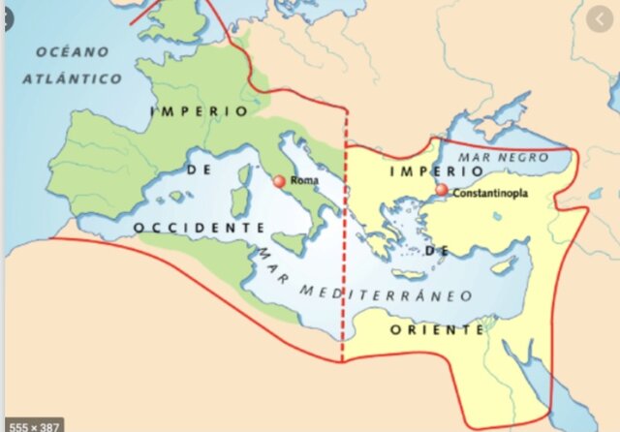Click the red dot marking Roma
280,181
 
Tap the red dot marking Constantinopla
442,190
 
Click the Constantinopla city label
493,192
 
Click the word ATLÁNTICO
72,77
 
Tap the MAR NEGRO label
503,157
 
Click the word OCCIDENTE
198,227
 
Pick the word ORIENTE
437,329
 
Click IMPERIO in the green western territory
200,111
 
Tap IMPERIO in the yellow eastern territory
422,171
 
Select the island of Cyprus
501,266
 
